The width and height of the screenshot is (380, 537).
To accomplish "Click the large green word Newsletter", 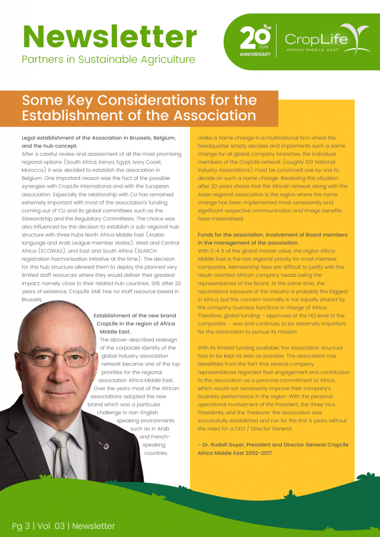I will coord(109,37).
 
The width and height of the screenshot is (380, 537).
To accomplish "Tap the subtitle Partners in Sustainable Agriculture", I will coord(108,59).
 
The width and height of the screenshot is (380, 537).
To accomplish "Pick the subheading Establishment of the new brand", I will coord(135,316).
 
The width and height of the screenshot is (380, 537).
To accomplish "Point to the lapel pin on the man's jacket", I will coord(105,446).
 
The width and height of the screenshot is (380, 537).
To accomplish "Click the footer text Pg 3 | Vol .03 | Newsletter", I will coord(64,525).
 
